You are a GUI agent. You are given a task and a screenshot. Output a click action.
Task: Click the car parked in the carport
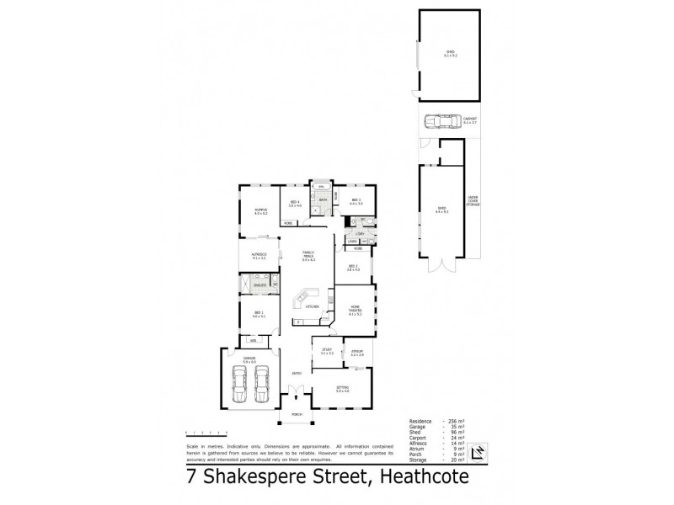(x=438, y=122)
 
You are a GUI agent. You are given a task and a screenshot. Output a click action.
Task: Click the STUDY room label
(x=327, y=350)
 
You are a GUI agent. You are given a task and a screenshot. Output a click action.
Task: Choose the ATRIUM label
(x=356, y=351)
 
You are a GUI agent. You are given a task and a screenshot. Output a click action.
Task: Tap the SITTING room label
(x=342, y=389)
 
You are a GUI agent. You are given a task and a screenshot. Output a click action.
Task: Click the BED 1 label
(x=259, y=314)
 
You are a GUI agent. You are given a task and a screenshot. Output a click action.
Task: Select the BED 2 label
(x=353, y=268)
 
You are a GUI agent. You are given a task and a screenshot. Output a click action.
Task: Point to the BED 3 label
(x=356, y=200)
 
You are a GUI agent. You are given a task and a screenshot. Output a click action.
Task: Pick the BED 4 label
(x=295, y=202)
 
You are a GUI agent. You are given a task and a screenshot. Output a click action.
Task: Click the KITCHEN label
(x=312, y=306)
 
